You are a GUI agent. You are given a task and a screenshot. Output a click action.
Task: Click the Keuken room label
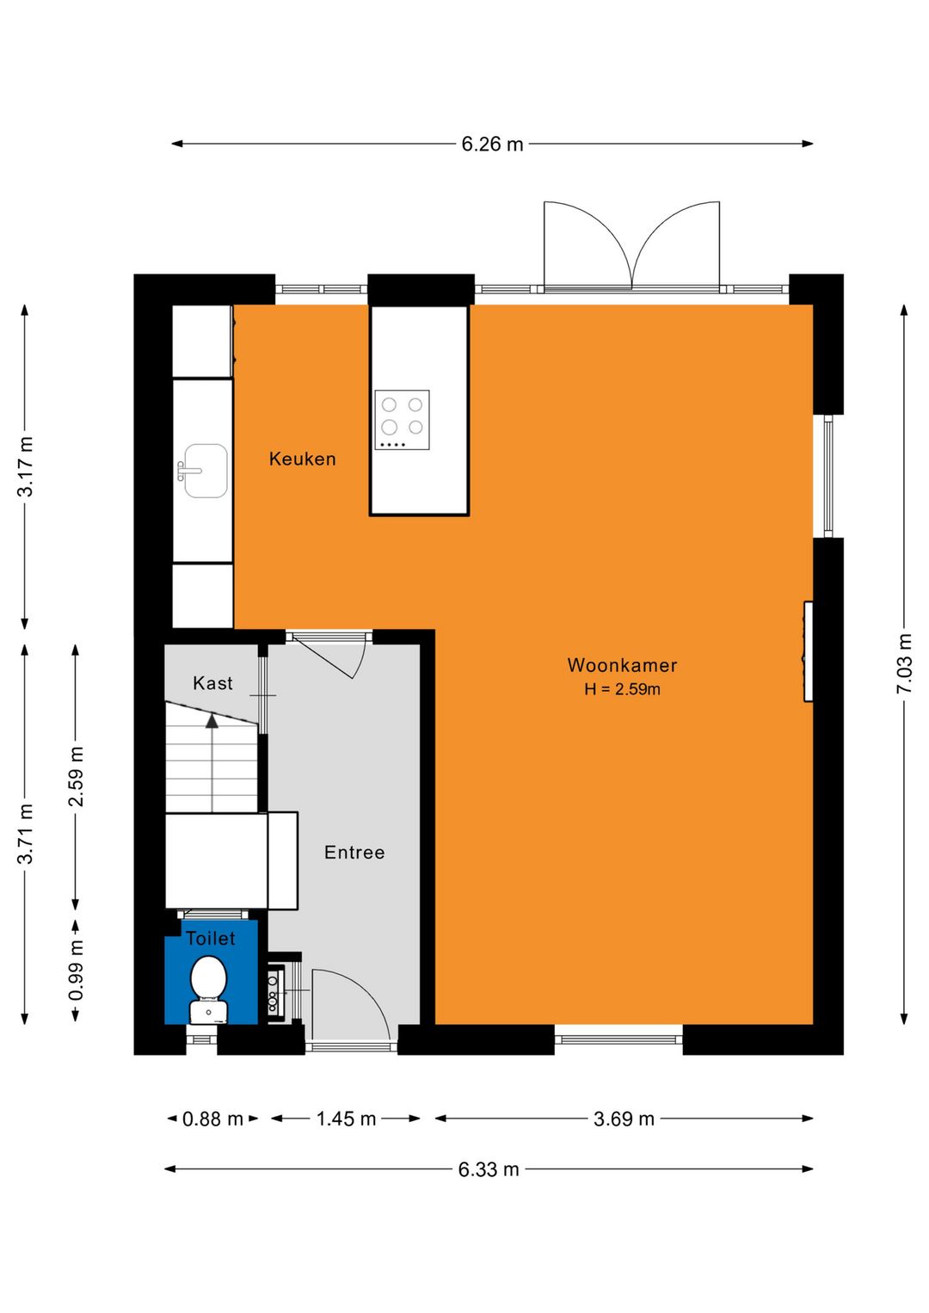303,459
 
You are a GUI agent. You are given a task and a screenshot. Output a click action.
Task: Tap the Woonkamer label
622,665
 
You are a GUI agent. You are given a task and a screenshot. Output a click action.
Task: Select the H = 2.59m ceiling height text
622,688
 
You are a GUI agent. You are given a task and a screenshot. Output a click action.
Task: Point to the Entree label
354,852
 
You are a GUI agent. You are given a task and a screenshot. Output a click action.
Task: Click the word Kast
212,683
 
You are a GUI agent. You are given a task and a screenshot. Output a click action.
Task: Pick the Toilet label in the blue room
211,939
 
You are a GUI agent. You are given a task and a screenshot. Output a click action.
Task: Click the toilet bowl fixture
209,990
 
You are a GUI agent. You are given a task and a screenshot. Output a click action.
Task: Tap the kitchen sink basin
205,471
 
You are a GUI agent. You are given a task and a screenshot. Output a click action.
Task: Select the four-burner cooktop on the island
402,420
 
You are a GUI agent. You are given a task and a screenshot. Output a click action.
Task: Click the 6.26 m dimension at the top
492,144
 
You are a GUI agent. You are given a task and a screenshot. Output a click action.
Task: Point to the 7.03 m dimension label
904,663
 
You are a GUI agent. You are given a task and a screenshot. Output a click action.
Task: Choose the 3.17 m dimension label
25,466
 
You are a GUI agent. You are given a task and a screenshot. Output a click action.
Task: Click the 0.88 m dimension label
212,1119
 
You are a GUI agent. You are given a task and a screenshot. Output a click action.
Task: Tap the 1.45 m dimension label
346,1119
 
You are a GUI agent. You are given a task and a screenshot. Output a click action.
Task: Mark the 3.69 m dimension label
624,1119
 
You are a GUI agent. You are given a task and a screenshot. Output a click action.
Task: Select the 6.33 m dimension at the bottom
489,1169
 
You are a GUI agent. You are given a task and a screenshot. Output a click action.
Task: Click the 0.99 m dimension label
76,970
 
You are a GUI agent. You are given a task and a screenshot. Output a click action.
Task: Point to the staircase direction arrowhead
212,721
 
